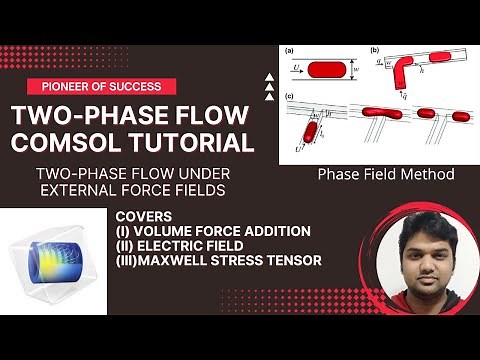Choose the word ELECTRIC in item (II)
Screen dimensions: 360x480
[x=173, y=246]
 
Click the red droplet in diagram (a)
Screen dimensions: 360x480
[x=328, y=71]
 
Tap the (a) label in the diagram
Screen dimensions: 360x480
[x=288, y=49]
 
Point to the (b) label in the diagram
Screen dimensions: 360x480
[x=374, y=49]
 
